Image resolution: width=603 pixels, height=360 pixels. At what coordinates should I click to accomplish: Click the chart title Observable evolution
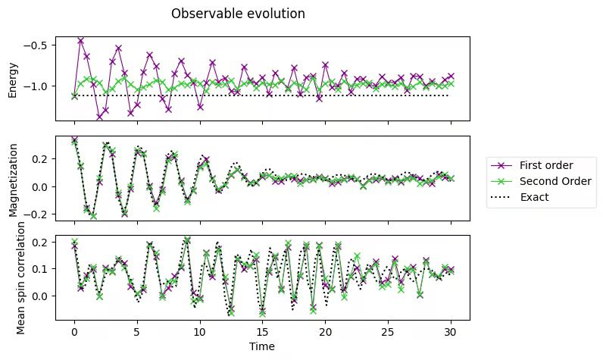[x=238, y=14]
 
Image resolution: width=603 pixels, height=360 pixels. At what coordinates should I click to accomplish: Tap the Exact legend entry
[x=534, y=197]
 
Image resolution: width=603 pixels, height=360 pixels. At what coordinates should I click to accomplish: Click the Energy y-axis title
[x=12, y=79]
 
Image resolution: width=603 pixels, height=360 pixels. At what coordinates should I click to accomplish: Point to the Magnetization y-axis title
[x=12, y=179]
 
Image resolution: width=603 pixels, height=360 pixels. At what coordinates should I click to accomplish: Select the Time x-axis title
[x=262, y=346]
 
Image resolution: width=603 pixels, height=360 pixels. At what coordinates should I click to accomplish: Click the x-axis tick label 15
[x=262, y=331]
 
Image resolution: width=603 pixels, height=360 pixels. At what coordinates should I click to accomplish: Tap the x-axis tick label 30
[x=451, y=331]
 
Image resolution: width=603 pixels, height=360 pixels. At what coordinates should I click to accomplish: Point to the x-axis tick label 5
[x=137, y=331]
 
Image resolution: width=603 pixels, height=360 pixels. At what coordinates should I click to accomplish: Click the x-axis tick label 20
[x=325, y=331]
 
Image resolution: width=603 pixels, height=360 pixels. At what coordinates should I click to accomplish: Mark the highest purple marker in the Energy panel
[x=80, y=40]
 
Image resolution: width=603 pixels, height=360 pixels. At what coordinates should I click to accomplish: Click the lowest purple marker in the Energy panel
[x=99, y=116]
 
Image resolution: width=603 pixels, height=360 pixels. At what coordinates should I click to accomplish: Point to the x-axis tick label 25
[x=388, y=331]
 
